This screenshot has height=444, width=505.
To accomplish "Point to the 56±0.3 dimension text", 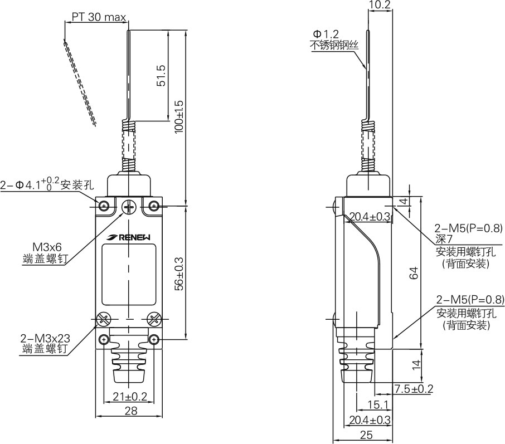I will [179, 274].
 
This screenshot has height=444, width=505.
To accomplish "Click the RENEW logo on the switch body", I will [130, 237].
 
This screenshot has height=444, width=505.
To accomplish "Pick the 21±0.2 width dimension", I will [129, 396].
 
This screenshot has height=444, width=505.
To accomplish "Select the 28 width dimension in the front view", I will [129, 411].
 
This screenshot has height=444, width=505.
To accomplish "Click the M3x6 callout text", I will [47, 247].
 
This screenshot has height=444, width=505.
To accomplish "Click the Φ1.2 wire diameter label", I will [327, 35].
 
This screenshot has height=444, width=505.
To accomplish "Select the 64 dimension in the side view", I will [414, 274].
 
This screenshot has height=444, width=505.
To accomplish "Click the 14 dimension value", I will [414, 364].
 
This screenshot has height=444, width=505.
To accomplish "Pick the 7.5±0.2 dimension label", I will [413, 389].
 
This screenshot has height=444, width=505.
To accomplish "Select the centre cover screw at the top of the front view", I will [129, 207].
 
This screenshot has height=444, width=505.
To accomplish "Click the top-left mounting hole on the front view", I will [104, 207].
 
